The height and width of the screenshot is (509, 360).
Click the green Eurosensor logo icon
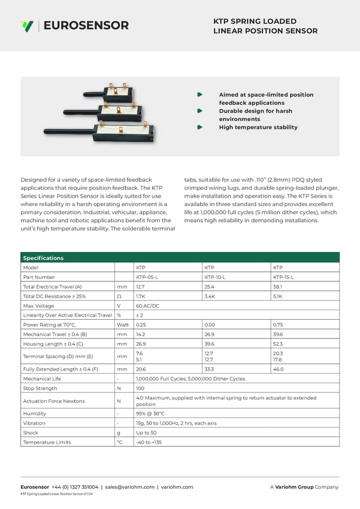[26, 26]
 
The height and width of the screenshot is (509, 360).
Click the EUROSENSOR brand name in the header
[86, 26]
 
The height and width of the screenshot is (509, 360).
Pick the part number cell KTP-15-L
[285, 277]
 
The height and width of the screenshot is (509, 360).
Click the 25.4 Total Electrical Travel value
[210, 287]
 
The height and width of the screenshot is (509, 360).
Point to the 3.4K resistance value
[210, 296]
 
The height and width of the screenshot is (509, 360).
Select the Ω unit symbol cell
[119, 296]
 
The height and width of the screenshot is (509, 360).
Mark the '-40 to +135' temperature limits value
[149, 443]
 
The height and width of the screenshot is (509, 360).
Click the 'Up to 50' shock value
[146, 433]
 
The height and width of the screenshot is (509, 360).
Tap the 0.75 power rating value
[278, 325]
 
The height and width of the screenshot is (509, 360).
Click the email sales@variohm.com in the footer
[129, 487]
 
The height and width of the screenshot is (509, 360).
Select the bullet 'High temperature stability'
[258, 127]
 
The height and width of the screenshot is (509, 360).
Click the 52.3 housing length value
[278, 344]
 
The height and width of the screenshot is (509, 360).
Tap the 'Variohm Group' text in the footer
[294, 487]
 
